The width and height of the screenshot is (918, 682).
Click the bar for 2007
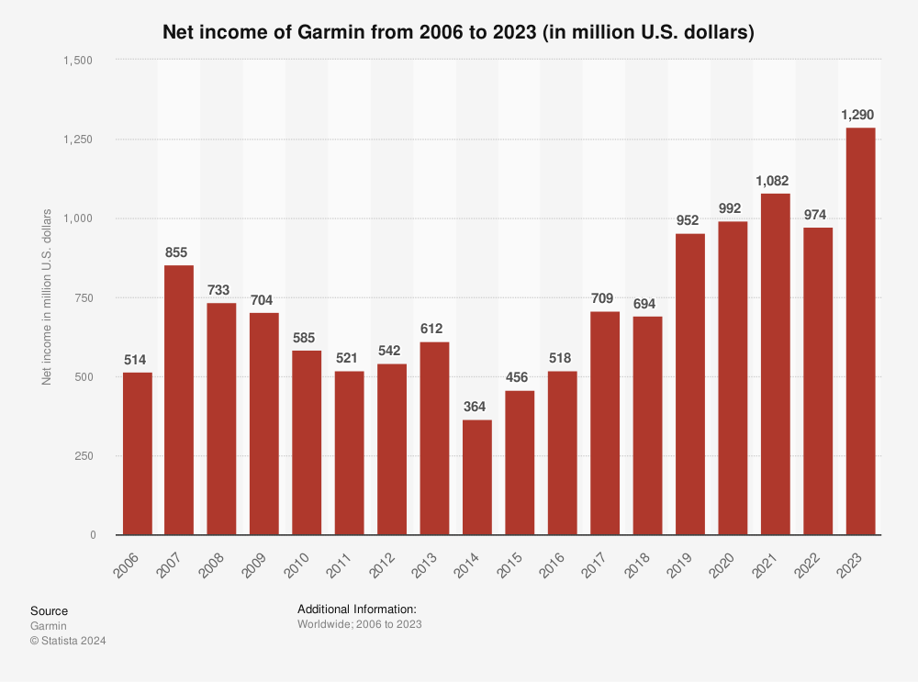[x=179, y=400]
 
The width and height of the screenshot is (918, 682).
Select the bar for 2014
[x=476, y=477]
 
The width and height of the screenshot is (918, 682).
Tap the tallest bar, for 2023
[x=860, y=330]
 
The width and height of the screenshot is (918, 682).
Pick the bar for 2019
[x=690, y=384]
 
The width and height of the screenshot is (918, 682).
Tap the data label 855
[x=179, y=252]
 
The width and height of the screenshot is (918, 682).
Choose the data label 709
[x=605, y=298]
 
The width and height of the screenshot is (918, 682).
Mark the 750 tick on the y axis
[x=84, y=297]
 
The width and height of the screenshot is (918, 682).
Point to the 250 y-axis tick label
[x=84, y=456]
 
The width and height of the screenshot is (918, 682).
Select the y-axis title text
[x=47, y=297]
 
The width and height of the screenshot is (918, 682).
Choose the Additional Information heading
[x=357, y=609]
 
